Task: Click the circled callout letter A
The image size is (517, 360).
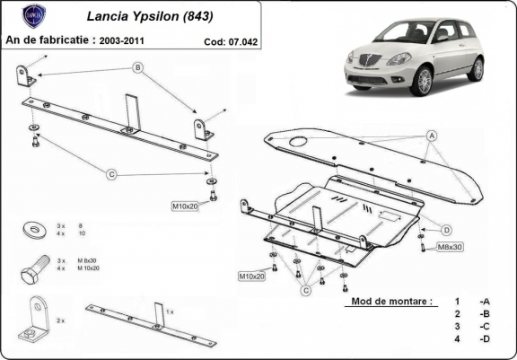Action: coord(432,136)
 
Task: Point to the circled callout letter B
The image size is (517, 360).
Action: coord(138,67)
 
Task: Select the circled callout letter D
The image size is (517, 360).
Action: coord(446,230)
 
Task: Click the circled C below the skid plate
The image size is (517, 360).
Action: coord(306,290)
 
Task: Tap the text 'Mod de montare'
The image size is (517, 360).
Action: coord(391,302)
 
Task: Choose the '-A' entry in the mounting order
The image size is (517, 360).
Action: coord(484,302)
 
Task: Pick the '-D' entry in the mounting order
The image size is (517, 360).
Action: coord(484,339)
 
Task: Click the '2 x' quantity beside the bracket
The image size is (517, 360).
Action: coord(59,319)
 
